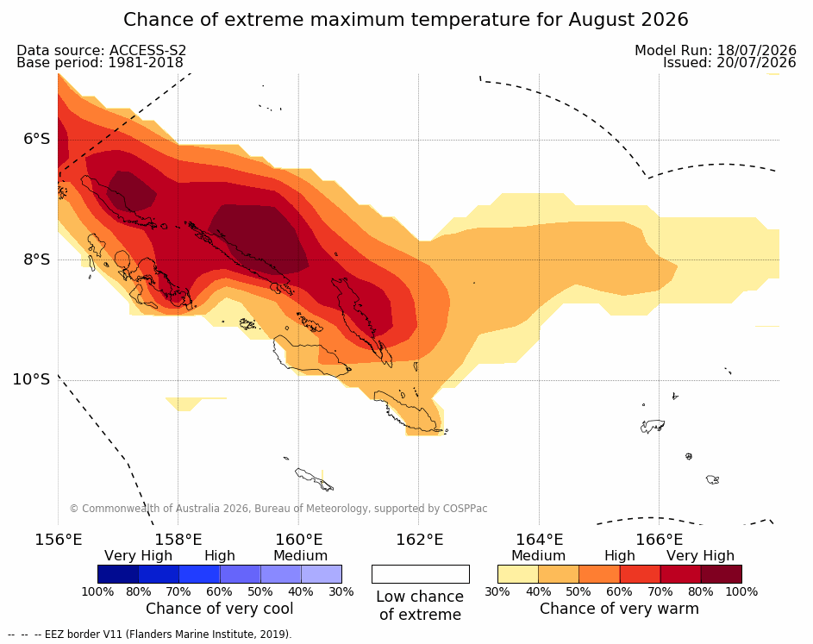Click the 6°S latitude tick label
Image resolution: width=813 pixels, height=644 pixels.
pos(37,139)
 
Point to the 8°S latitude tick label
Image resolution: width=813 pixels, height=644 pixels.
pos(37,259)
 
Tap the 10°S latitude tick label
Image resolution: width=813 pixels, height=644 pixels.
pos(32,379)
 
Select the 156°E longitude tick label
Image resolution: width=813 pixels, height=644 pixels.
pos(59,540)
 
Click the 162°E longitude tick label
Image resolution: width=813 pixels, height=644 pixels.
pos(420,540)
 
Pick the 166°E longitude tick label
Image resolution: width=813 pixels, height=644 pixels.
pos(660,540)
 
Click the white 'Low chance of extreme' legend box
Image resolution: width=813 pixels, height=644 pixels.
pos(421,574)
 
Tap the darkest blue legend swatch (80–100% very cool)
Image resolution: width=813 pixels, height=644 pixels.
pos(118,574)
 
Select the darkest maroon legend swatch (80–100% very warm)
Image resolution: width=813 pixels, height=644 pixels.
pos(722,574)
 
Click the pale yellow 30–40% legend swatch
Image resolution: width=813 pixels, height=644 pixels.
pos(518,574)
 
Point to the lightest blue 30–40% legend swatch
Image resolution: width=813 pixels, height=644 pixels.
pos(322,574)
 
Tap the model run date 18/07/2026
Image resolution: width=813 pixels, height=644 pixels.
pos(756,50)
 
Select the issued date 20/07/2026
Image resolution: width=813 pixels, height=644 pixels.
pos(756,63)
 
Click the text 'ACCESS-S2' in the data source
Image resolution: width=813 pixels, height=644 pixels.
pos(147,50)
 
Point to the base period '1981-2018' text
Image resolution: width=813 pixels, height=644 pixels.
pos(145,63)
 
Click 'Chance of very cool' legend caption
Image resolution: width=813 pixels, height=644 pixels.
pos(219,609)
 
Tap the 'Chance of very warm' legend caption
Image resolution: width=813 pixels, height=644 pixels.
pos(619,609)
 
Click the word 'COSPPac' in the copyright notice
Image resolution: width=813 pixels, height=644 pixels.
pos(465,509)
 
